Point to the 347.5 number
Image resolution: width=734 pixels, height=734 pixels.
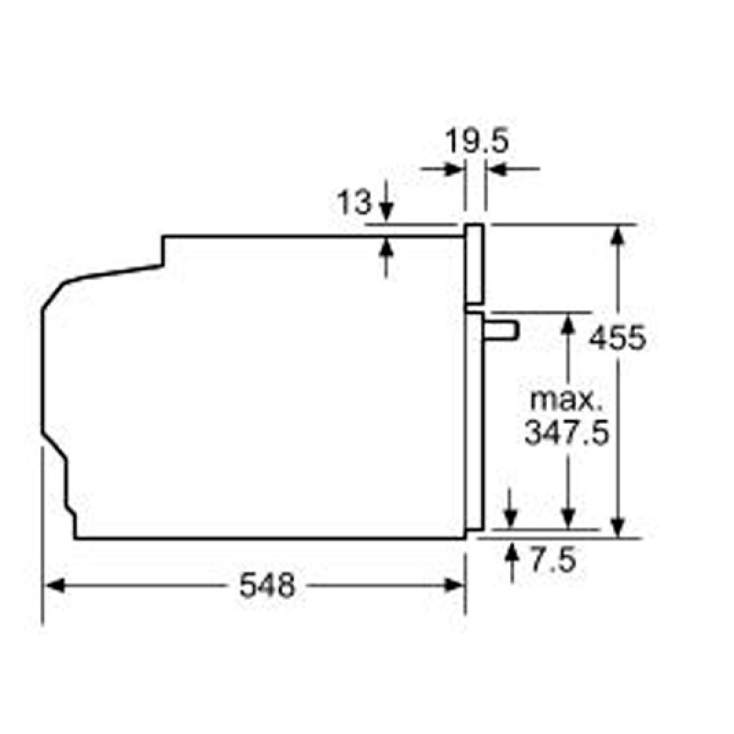point(567,432)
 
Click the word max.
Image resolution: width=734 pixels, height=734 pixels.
point(567,400)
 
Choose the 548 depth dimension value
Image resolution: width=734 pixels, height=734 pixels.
point(268,584)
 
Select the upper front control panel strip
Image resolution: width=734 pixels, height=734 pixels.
point(474,264)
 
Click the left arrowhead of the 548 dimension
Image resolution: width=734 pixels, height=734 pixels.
point(54,584)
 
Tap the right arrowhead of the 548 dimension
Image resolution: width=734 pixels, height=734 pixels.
point(455,584)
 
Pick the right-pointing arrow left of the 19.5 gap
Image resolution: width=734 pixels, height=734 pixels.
point(453,169)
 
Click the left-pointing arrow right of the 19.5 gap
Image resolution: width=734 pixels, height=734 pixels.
point(496,169)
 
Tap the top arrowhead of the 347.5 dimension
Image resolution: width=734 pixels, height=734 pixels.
point(570,322)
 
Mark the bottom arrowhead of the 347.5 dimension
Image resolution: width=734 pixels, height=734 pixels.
point(570,518)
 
